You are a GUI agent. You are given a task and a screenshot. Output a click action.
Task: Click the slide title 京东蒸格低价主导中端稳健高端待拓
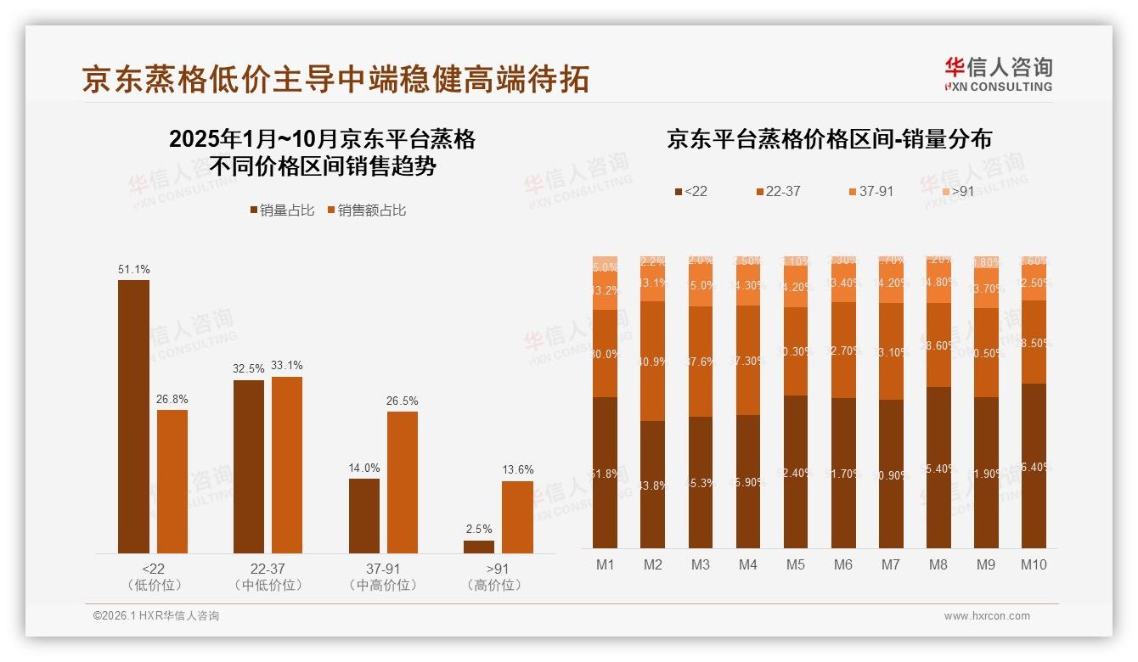click(335, 79)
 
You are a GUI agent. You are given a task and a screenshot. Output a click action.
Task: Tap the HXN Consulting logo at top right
click(998, 74)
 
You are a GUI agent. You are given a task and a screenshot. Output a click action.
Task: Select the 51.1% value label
click(133, 269)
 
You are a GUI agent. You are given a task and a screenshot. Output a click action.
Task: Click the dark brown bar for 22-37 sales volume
click(249, 467)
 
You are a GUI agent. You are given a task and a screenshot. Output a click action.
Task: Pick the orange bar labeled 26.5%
click(403, 482)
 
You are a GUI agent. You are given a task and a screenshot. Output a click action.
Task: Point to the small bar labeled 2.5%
click(479, 547)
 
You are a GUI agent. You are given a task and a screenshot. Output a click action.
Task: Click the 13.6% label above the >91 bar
click(517, 469)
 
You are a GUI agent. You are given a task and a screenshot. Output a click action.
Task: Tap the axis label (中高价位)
click(383, 585)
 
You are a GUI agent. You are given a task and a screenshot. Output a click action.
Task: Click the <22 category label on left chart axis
click(154, 569)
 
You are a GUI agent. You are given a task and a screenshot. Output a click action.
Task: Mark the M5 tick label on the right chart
click(796, 564)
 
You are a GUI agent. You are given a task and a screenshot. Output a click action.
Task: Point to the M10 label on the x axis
click(1034, 564)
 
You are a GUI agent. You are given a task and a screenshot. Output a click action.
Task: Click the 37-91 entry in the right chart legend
click(870, 192)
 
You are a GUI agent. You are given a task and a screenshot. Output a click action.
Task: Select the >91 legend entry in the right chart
click(956, 192)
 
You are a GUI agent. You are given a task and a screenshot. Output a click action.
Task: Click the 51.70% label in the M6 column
click(843, 473)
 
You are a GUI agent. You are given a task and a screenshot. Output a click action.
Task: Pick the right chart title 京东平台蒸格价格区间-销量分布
click(829, 139)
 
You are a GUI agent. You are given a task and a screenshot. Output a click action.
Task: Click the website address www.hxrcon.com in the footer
click(987, 616)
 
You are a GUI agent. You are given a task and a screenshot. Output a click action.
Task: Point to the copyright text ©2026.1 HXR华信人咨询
click(156, 616)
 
